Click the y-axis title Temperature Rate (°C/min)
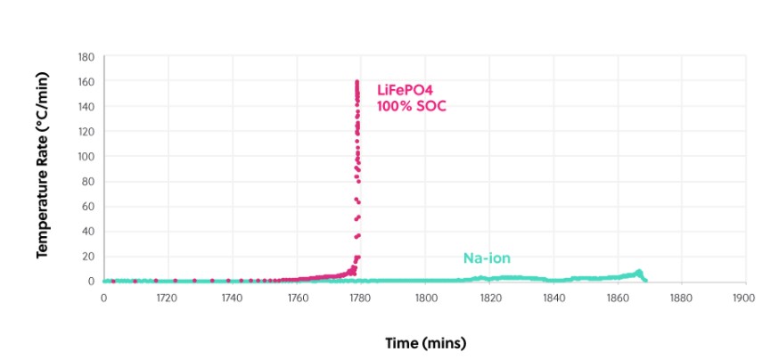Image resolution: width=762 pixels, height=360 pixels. [41, 168]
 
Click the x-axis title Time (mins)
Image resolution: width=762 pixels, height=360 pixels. [425, 342]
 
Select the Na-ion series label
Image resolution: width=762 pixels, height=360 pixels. [487, 258]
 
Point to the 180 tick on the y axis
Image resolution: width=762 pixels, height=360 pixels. [86, 56]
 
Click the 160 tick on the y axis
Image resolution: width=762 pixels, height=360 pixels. [86, 81]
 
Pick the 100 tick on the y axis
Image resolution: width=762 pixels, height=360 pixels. [86, 156]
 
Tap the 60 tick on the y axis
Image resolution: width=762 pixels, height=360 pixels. [89, 206]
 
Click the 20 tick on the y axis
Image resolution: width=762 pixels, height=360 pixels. [89, 256]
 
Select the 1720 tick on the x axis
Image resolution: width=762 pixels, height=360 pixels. [168, 298]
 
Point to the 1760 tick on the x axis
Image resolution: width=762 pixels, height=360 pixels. [297, 298]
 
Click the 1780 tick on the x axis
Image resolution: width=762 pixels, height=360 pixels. [361, 298]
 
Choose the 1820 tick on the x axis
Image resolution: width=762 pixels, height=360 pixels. [489, 298]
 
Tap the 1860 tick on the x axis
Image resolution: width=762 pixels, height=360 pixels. [618, 298]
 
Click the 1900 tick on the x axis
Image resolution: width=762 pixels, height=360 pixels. [745, 298]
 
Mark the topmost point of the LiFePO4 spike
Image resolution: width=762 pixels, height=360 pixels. [357, 82]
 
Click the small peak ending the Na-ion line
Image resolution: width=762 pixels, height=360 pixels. [638, 272]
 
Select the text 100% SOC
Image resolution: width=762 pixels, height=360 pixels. [411, 106]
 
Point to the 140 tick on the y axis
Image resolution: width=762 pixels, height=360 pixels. [86, 106]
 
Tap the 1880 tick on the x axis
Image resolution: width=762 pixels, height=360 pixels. [682, 298]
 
